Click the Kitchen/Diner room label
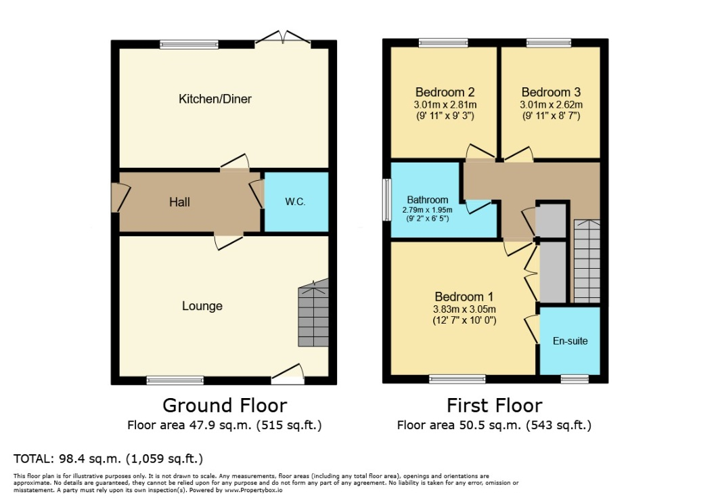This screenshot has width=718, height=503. click(x=215, y=99)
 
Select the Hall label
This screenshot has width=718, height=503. click(x=179, y=202)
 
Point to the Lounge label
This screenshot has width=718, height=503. click(x=202, y=306)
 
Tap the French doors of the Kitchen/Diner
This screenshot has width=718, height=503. click(x=283, y=39)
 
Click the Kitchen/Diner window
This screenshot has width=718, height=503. click(x=189, y=45)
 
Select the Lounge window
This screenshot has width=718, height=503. click(x=175, y=380)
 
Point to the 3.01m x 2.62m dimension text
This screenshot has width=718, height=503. click(x=552, y=105)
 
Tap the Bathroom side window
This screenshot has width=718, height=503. click(x=387, y=200)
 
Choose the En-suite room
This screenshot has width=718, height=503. click(x=570, y=341)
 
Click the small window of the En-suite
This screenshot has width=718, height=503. click(x=575, y=379)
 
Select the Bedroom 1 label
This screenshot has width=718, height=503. click(x=464, y=297)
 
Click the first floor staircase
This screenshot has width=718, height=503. click(x=587, y=261)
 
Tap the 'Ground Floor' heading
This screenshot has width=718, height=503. click(x=225, y=406)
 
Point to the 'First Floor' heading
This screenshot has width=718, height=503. click(x=495, y=406)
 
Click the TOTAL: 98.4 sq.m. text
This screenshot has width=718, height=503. click(x=67, y=458)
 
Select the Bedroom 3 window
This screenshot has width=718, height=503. click(x=549, y=43)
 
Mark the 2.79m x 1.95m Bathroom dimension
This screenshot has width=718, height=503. click(x=427, y=210)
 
